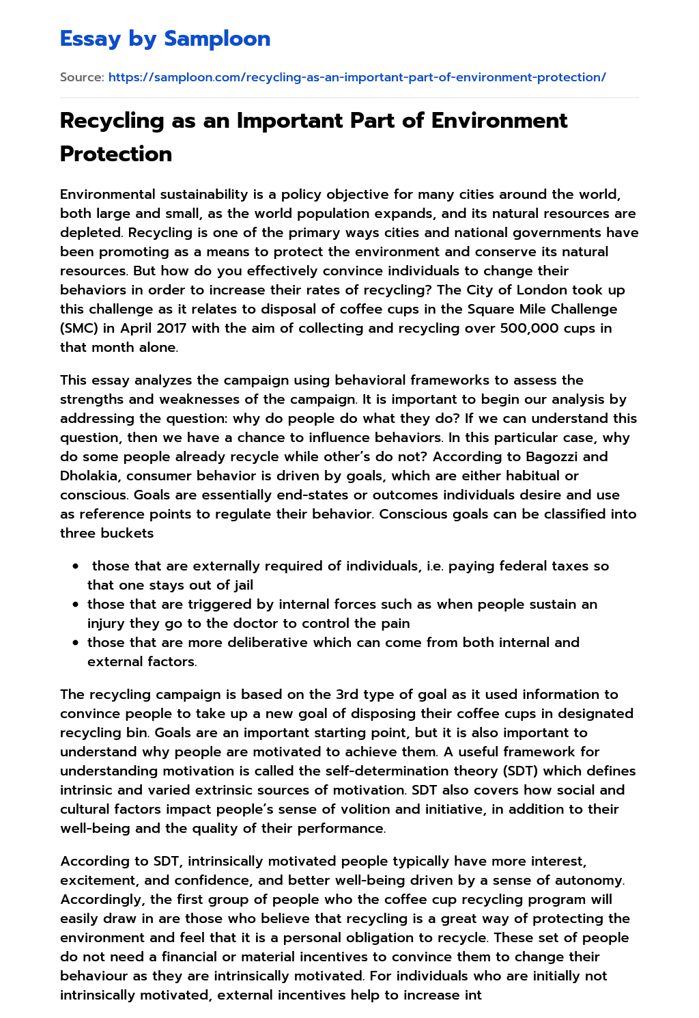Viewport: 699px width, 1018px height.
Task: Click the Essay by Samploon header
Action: (x=165, y=39)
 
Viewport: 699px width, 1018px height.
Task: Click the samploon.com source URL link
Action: (x=357, y=77)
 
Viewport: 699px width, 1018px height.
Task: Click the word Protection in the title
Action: (x=116, y=154)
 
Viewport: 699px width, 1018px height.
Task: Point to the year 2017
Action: (x=171, y=328)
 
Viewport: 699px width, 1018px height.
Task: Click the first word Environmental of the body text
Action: (x=111, y=194)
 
